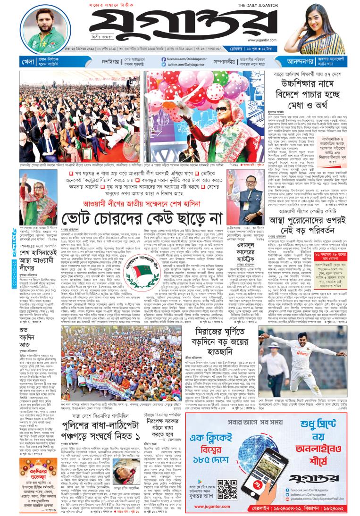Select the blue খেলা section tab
28,61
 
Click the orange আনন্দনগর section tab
284,61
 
